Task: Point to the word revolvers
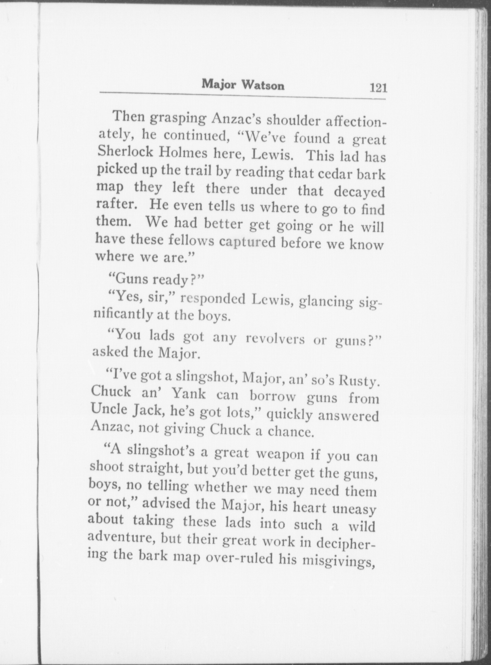pyautogui.click(x=275, y=340)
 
